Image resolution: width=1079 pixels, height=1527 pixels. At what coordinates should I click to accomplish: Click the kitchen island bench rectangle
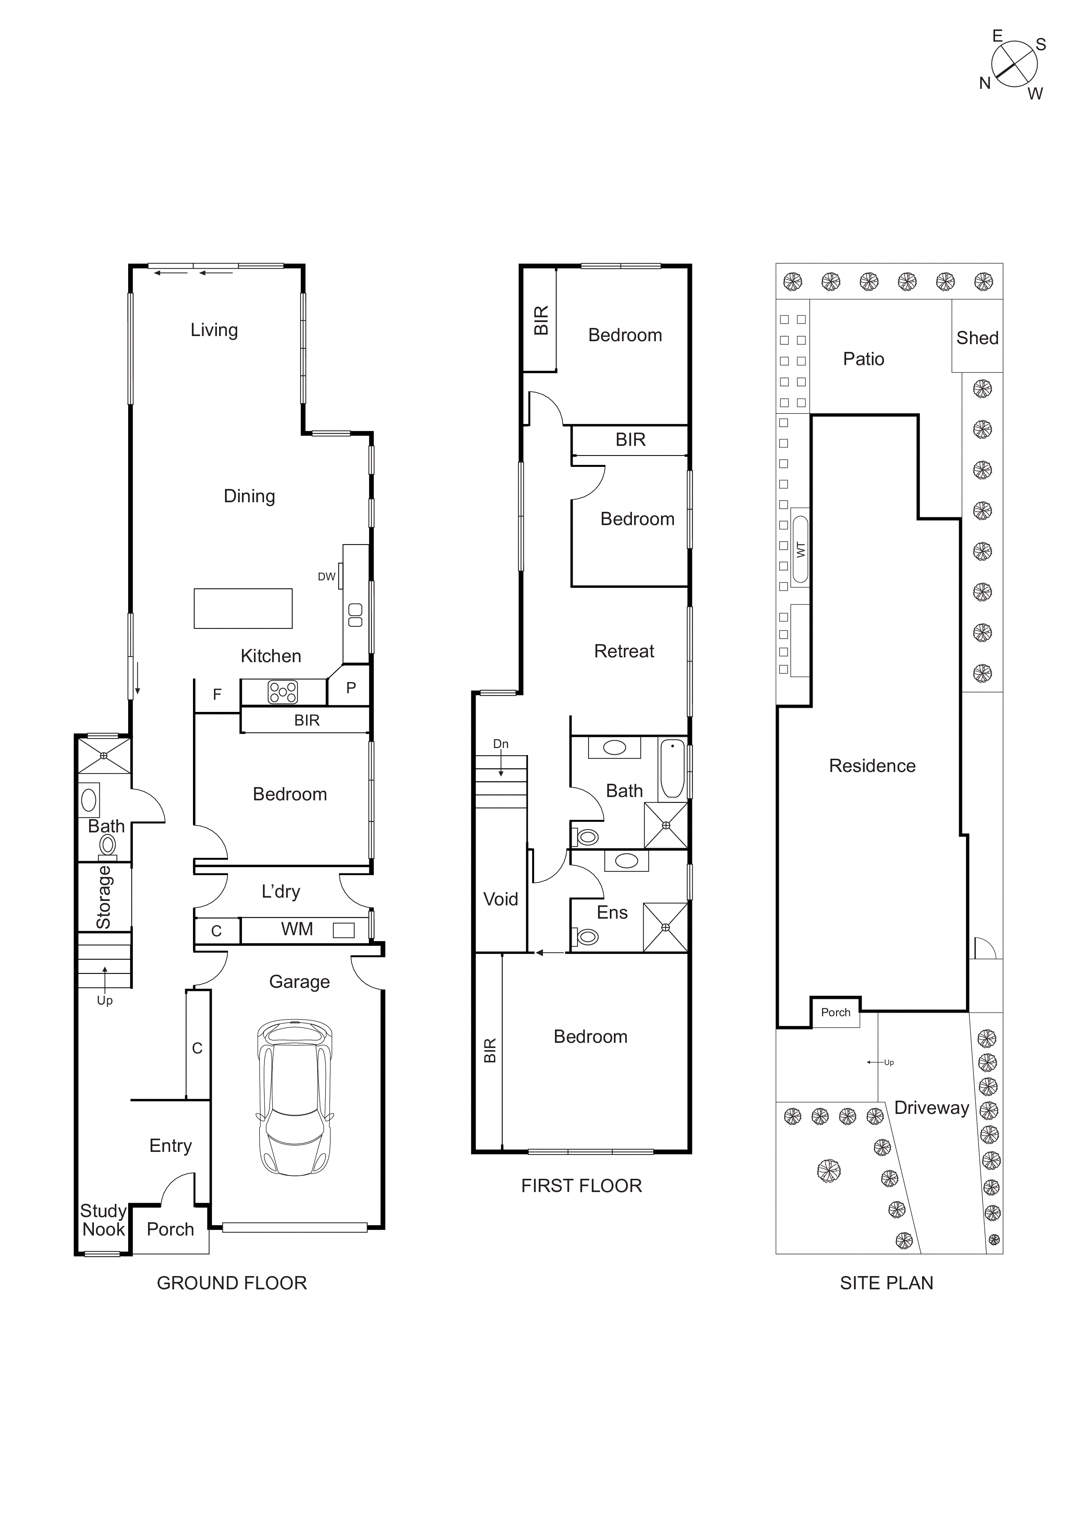(x=243, y=608)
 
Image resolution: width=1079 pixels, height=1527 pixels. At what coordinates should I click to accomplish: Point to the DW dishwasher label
(x=326, y=577)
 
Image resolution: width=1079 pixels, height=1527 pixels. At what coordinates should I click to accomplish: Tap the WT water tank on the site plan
(x=801, y=549)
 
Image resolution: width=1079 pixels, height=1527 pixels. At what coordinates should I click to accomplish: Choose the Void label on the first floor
(x=500, y=899)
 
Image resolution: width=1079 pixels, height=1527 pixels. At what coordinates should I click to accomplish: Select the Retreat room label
(x=623, y=651)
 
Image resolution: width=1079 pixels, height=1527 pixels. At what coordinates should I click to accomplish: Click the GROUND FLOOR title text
(x=231, y=1283)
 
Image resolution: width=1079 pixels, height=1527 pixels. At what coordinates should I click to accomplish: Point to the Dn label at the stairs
(x=500, y=744)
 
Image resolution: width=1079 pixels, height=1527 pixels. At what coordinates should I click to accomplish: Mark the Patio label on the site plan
(x=863, y=359)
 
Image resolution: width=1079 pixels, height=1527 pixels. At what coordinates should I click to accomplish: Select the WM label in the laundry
(x=296, y=929)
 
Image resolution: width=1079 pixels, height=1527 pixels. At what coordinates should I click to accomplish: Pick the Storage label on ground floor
(x=104, y=897)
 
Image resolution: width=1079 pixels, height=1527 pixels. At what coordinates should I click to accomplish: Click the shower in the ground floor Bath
(x=104, y=755)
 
